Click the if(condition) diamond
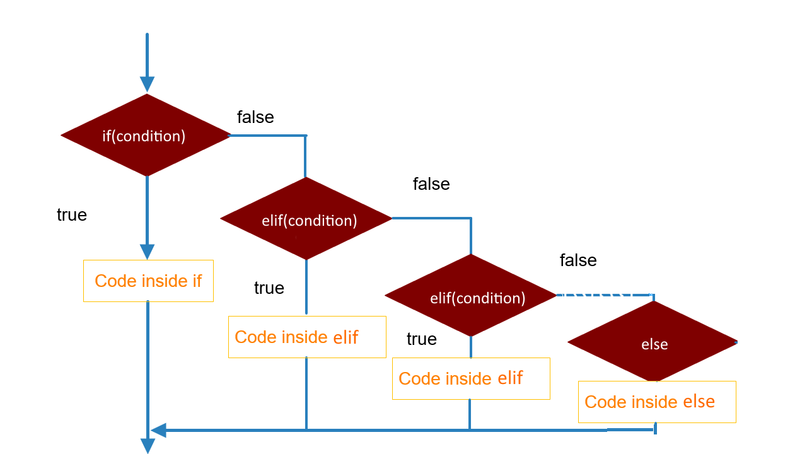coord(146,136)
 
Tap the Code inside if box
coord(148,281)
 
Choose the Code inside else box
coord(657,402)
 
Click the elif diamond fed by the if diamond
coord(306,219)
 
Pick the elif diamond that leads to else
coord(471,296)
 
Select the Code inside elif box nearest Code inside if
coord(307,337)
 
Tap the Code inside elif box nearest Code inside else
coord(471,378)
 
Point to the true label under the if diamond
coord(72,215)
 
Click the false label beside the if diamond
coord(255,117)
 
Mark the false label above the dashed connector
coord(578,260)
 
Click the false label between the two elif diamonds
coord(431,184)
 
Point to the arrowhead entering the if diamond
coord(147,84)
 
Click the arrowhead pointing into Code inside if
coord(147,252)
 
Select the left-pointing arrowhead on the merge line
coord(159,430)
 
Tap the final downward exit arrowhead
coord(148,446)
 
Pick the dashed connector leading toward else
coord(596,294)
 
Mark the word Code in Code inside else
coord(603,402)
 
